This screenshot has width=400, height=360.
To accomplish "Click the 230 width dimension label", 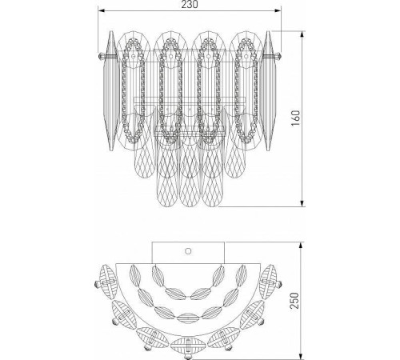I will (189, 6).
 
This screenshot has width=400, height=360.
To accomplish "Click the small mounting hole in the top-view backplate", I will (188, 250).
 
